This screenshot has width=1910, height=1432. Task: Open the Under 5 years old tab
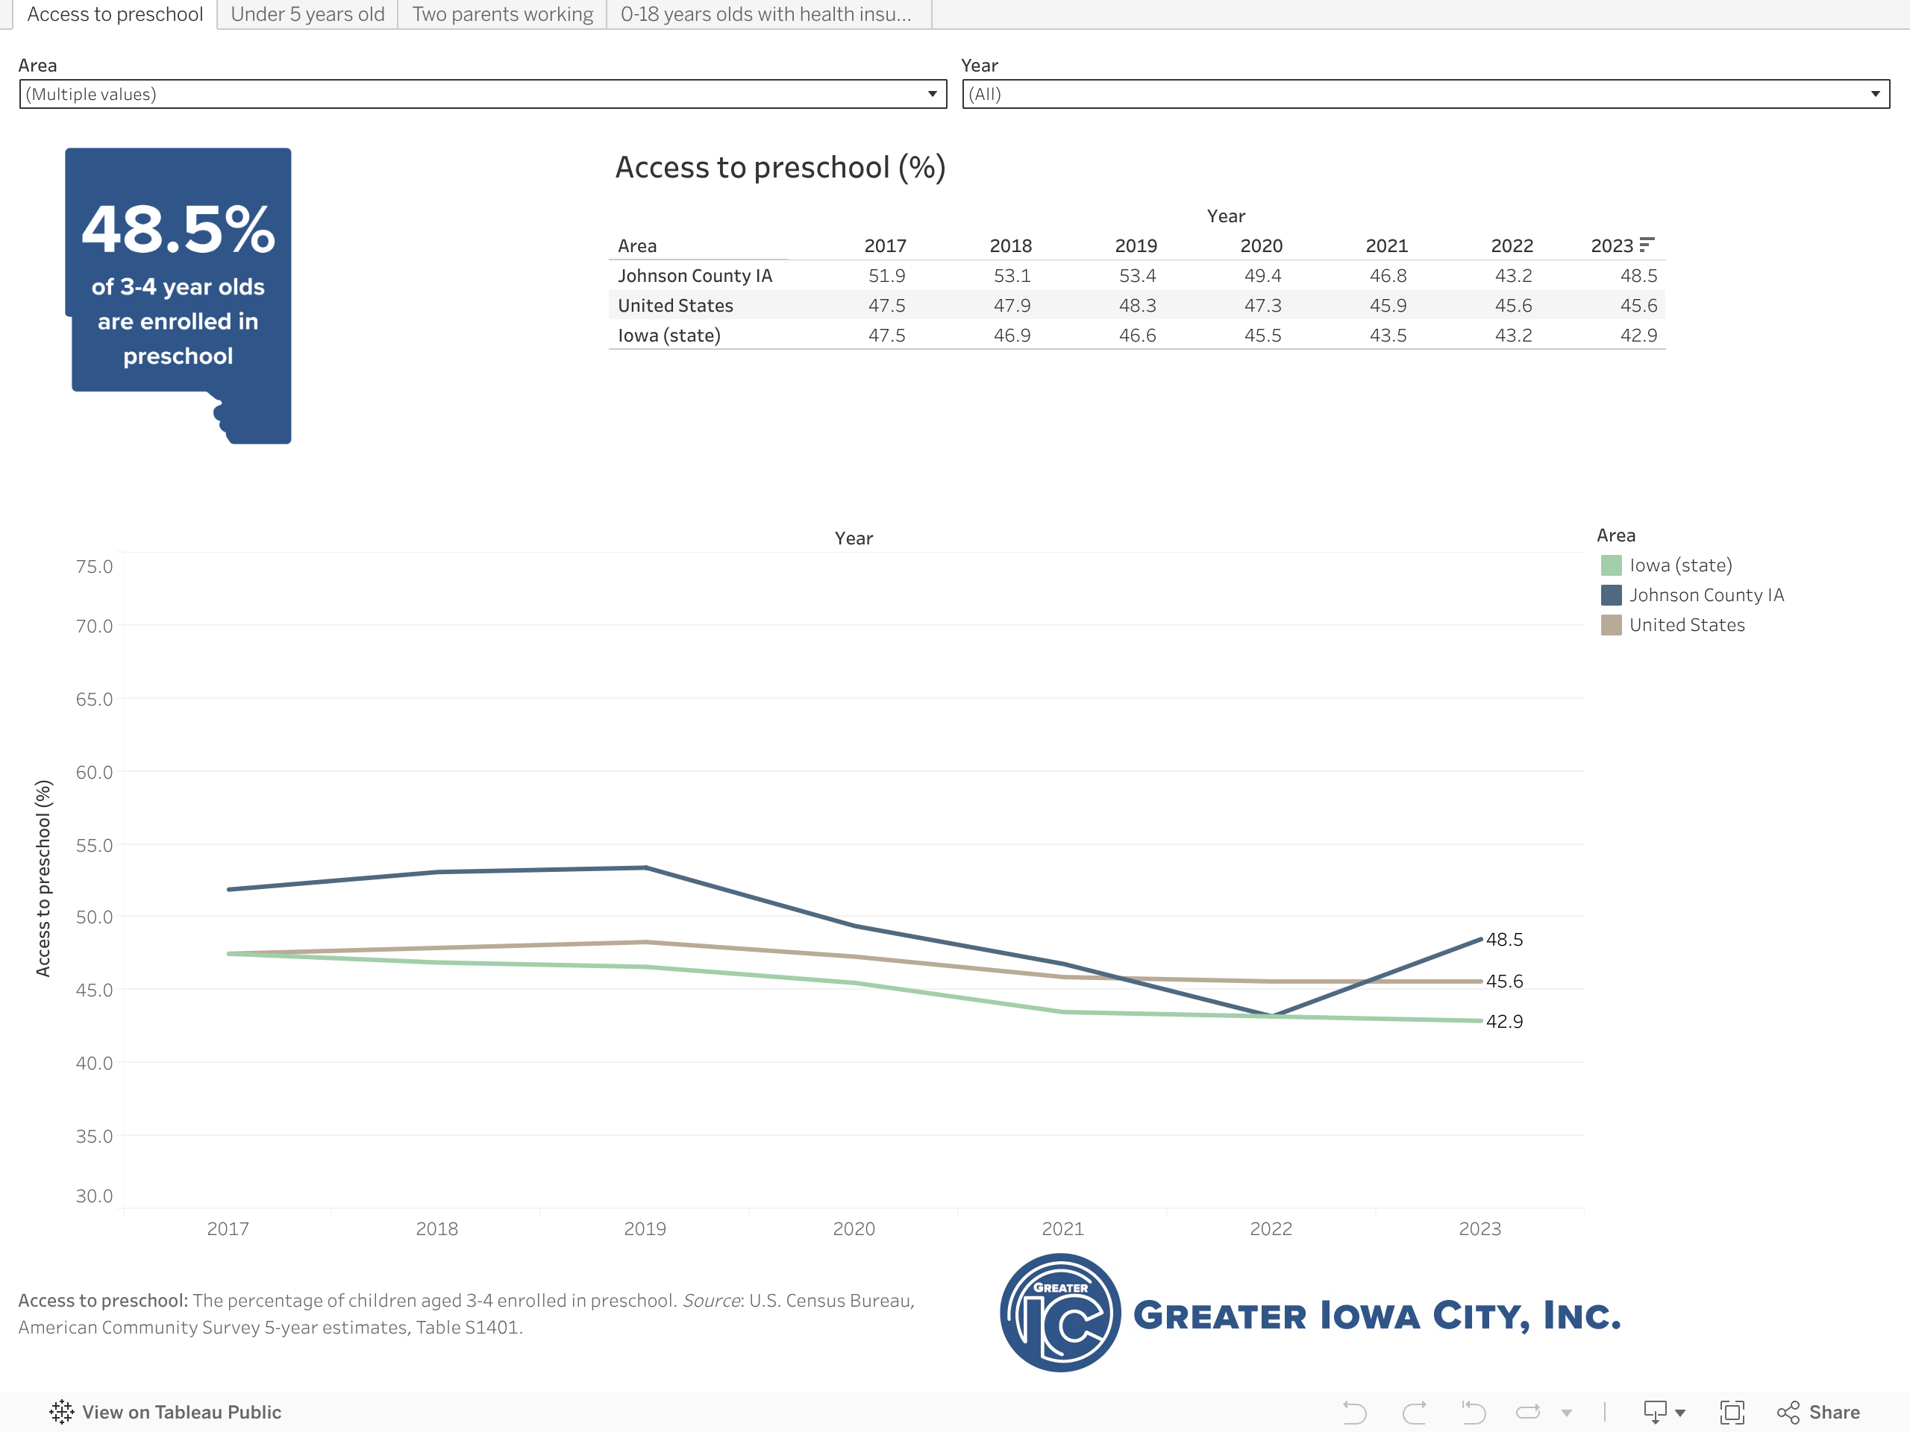307,15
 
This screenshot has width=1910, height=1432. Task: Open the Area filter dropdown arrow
932,94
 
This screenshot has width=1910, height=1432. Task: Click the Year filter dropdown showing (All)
1425,94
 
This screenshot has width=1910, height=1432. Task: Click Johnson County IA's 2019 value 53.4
1136,276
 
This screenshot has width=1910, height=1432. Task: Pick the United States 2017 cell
886,306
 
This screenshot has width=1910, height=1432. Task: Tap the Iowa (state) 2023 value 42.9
1638,336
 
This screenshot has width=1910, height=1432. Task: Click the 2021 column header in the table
1386,246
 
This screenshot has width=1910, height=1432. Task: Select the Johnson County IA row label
695,276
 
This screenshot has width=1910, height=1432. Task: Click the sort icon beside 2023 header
1647,245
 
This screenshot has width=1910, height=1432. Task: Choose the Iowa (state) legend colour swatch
1610,565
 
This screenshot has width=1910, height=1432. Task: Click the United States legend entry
1686,625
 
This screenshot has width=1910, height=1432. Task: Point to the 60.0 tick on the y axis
94,773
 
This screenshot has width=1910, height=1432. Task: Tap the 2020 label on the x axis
853,1228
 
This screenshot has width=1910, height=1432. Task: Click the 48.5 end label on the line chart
1504,939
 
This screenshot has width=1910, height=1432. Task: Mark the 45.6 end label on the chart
1504,982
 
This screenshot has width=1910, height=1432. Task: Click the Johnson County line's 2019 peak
646,867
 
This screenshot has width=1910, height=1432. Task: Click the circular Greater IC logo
1060,1313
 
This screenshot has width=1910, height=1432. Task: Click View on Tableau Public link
166,1412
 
